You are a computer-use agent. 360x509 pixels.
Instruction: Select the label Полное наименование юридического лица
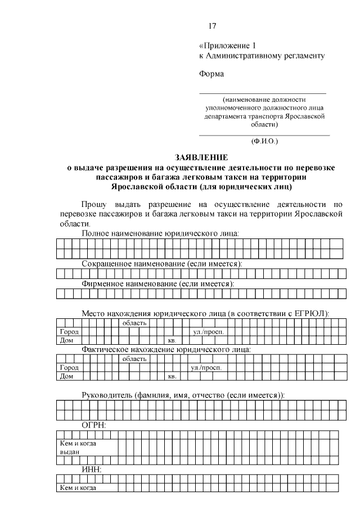pyautogui.click(x=161, y=233)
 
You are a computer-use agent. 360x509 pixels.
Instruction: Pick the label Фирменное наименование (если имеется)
pyautogui.click(x=158, y=284)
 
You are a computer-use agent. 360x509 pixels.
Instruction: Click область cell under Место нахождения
pyautogui.click(x=134, y=323)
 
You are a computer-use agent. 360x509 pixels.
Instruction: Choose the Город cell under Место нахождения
pyautogui.click(x=69, y=332)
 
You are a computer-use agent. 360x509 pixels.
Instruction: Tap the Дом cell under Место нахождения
pyautogui.click(x=67, y=340)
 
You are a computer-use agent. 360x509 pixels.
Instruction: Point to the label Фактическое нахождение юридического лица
pyautogui.click(x=166, y=349)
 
